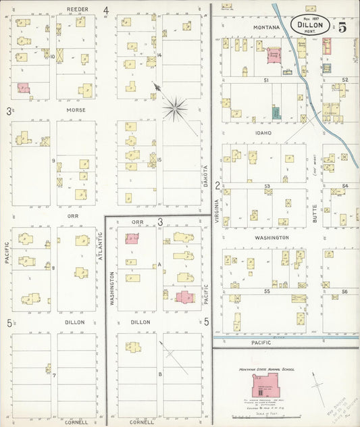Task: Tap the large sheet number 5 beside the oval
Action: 342,27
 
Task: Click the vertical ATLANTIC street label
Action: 99,247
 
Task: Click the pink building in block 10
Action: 24,88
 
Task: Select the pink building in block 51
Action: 274,55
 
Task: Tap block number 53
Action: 267,185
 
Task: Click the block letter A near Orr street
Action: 159,265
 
